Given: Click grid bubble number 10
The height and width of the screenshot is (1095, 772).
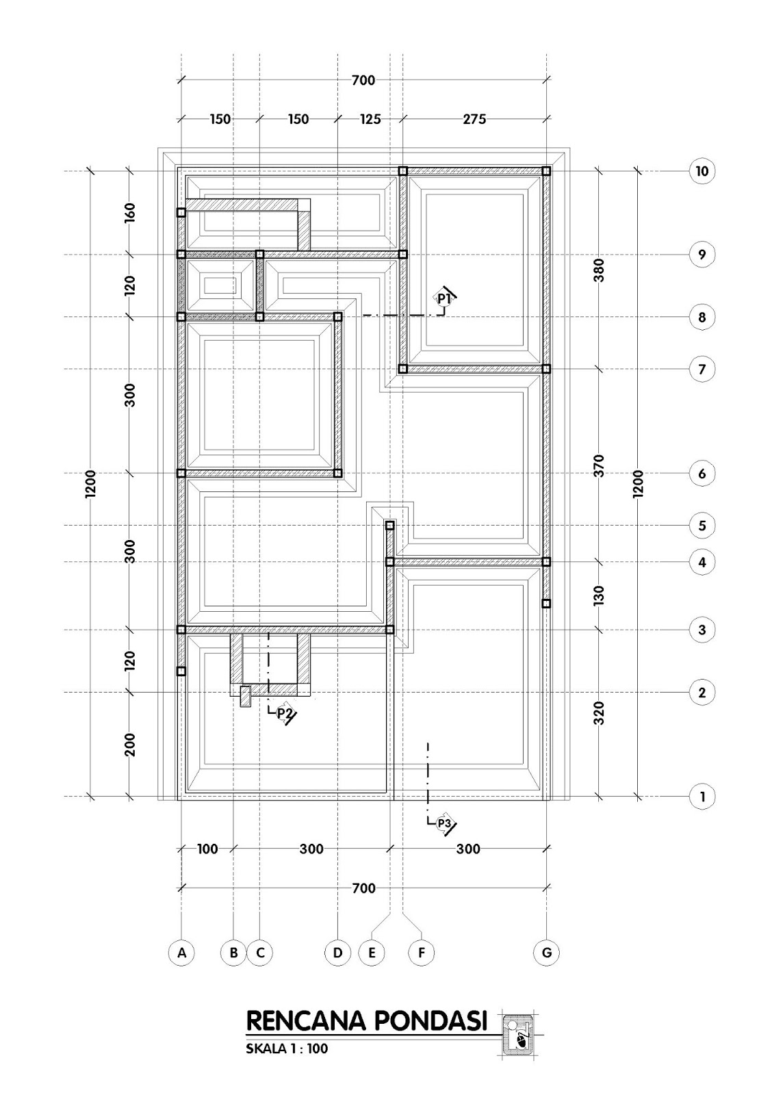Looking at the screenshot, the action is (x=702, y=171).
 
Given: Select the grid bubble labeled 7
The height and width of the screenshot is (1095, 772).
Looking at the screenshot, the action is (x=702, y=369).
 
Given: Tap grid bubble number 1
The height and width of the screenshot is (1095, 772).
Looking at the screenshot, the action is (x=702, y=797).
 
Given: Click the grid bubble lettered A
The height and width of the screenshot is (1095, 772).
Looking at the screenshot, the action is (x=181, y=952).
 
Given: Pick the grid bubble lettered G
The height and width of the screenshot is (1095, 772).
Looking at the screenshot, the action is (x=546, y=952).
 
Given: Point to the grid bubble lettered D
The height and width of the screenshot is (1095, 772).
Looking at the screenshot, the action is (x=337, y=952).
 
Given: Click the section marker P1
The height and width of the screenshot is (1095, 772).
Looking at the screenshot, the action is (x=443, y=298).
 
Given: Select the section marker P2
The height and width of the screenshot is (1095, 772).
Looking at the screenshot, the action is (x=283, y=713).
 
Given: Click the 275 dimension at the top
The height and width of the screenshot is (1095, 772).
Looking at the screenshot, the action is (x=474, y=119).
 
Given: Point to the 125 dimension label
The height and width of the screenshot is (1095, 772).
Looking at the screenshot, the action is (x=370, y=119).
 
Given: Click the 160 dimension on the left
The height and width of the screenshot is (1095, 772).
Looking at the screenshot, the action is (x=130, y=212).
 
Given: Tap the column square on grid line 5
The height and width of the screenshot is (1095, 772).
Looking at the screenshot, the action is (x=389, y=526).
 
